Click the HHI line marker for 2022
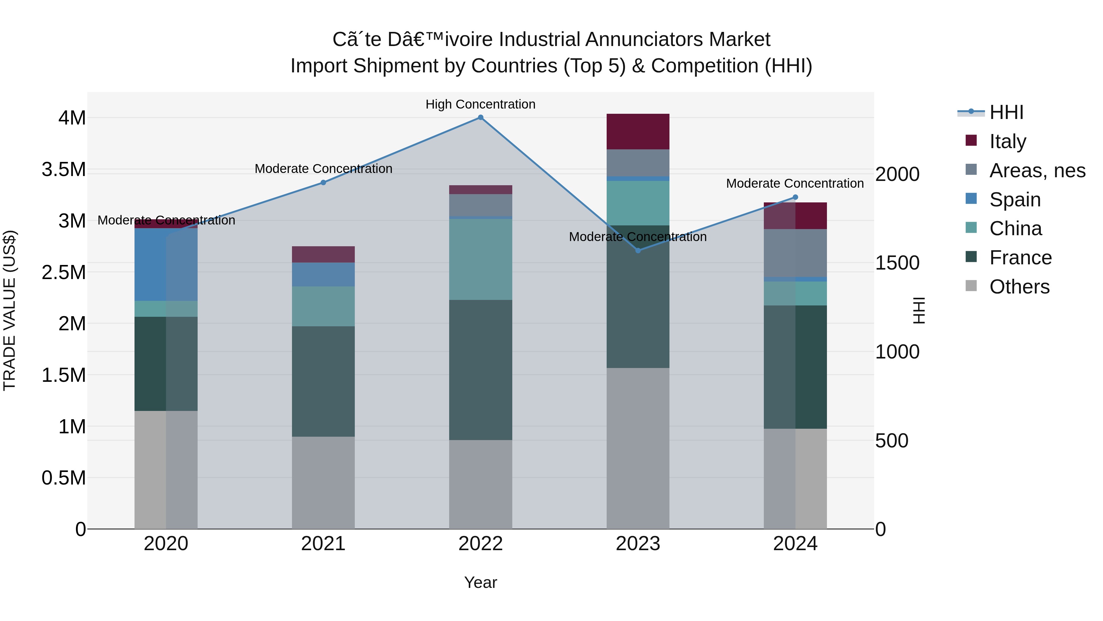point(480,117)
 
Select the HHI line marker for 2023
point(638,250)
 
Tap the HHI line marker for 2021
point(323,182)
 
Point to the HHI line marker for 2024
point(795,197)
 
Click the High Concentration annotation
point(480,104)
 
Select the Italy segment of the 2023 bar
point(638,132)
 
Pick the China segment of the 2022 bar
point(480,259)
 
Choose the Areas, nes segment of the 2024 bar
point(795,253)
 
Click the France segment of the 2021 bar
point(323,381)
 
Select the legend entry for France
point(1020,258)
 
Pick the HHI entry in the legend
point(1006,112)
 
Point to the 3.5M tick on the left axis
point(64,170)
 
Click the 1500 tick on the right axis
point(896,263)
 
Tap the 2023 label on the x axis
point(638,544)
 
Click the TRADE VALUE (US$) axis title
point(9,310)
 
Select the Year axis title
point(480,582)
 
